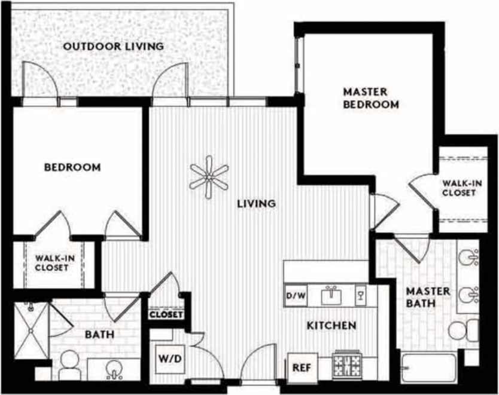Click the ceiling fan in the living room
pos(209,177)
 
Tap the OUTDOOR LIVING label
pos(114,46)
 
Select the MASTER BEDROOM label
pos(370,98)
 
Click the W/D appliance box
pos(167,360)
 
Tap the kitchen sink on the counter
pos(331,295)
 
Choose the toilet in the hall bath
pos(69,363)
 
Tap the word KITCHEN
pos(331,326)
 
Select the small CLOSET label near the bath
pos(166,314)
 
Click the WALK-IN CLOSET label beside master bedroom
pos(459,188)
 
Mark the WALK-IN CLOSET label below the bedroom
pos(51,262)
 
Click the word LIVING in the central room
pos(256,203)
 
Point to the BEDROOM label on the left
pos(72,167)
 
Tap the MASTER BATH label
pos(428,297)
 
